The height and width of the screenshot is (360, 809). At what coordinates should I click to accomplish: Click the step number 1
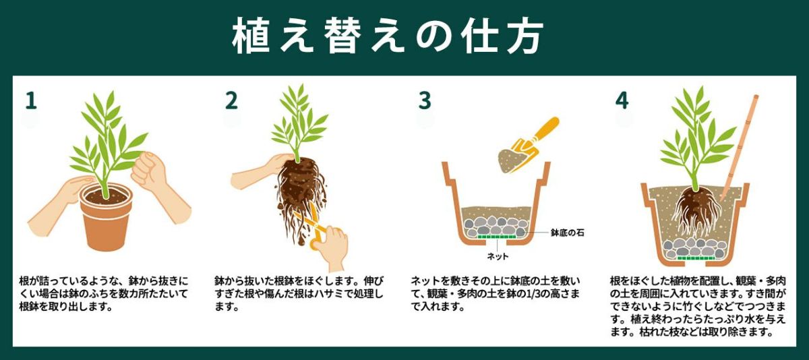coord(30,100)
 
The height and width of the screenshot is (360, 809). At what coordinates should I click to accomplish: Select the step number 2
coord(231,100)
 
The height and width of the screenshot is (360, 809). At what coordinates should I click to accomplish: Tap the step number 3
coord(424,100)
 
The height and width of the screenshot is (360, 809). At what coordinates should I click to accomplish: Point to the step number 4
coord(621,100)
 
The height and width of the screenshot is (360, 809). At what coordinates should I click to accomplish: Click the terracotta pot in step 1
coord(105,219)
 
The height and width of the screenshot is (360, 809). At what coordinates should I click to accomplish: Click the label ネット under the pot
coord(498,256)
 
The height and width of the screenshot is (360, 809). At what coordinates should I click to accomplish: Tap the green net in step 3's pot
coord(498,237)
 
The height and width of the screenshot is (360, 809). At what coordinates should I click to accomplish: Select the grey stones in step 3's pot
coord(498,225)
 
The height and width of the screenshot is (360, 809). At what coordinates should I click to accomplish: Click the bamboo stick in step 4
coord(740,148)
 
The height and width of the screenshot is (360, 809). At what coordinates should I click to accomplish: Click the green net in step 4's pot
coord(697,258)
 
